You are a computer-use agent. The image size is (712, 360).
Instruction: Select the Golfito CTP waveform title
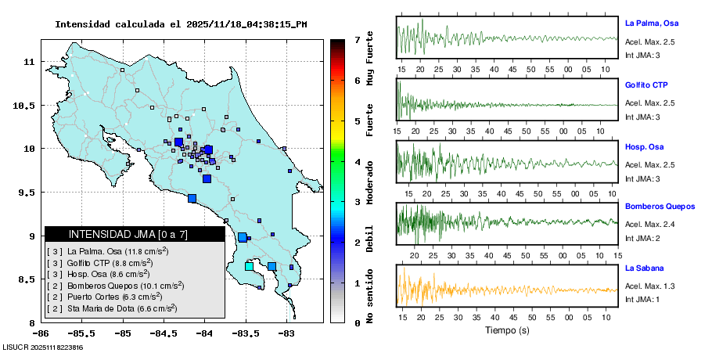tap(645, 85)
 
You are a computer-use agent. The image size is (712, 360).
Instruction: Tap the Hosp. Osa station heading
tap(644, 146)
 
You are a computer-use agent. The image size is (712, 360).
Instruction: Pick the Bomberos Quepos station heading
tap(660, 207)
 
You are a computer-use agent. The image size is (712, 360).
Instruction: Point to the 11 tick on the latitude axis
tap(28, 61)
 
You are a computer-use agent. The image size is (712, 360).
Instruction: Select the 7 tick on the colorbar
tap(356, 39)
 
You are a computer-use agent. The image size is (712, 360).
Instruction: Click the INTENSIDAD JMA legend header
tap(128, 234)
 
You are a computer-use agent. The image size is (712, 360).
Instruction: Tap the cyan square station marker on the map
tap(249, 267)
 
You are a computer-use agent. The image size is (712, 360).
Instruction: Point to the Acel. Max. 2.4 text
tap(650, 225)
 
